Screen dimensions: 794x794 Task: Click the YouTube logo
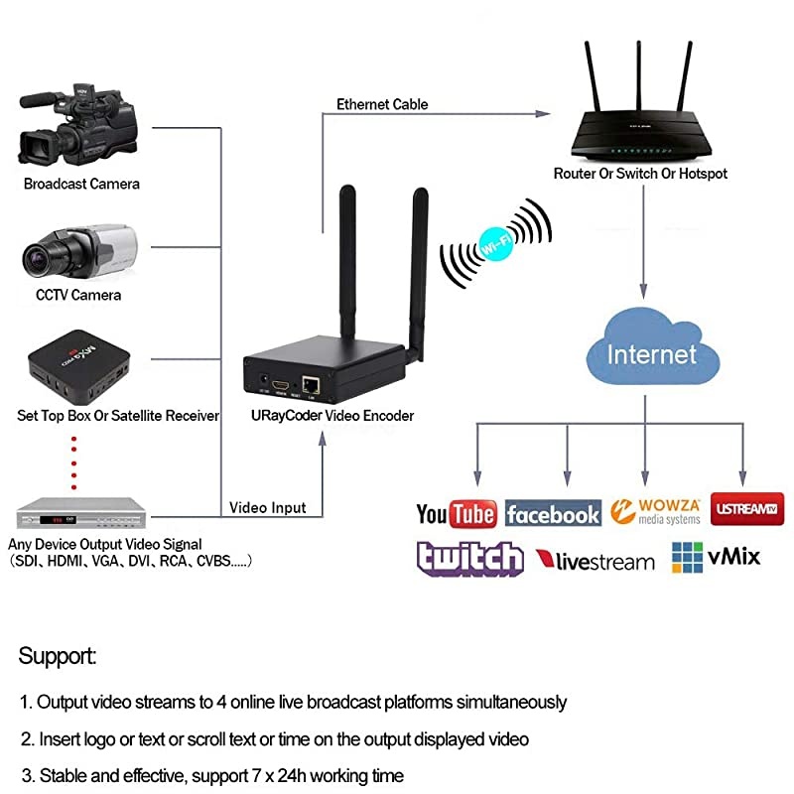(457, 513)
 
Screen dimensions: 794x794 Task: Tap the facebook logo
(553, 513)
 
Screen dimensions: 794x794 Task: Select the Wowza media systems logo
(655, 511)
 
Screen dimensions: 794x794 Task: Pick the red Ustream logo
(746, 509)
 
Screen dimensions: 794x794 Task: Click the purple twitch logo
(469, 560)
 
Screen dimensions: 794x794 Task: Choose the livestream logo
(595, 562)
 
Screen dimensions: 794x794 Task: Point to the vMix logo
(716, 557)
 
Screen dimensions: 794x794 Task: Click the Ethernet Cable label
(382, 104)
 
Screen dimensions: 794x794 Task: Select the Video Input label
(268, 507)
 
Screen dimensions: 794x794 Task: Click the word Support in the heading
(57, 657)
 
